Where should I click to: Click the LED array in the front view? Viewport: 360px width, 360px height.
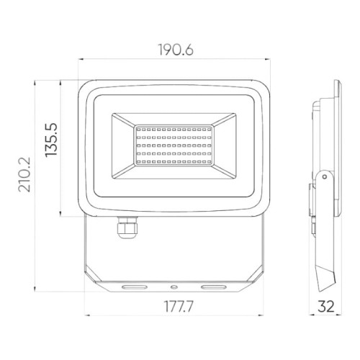pyautogui.click(x=172, y=148)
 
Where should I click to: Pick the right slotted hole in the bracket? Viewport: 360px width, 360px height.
pyautogui.click(x=213, y=287)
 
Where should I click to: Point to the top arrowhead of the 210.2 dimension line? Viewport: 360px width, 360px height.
pyautogui.click(x=34, y=82)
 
